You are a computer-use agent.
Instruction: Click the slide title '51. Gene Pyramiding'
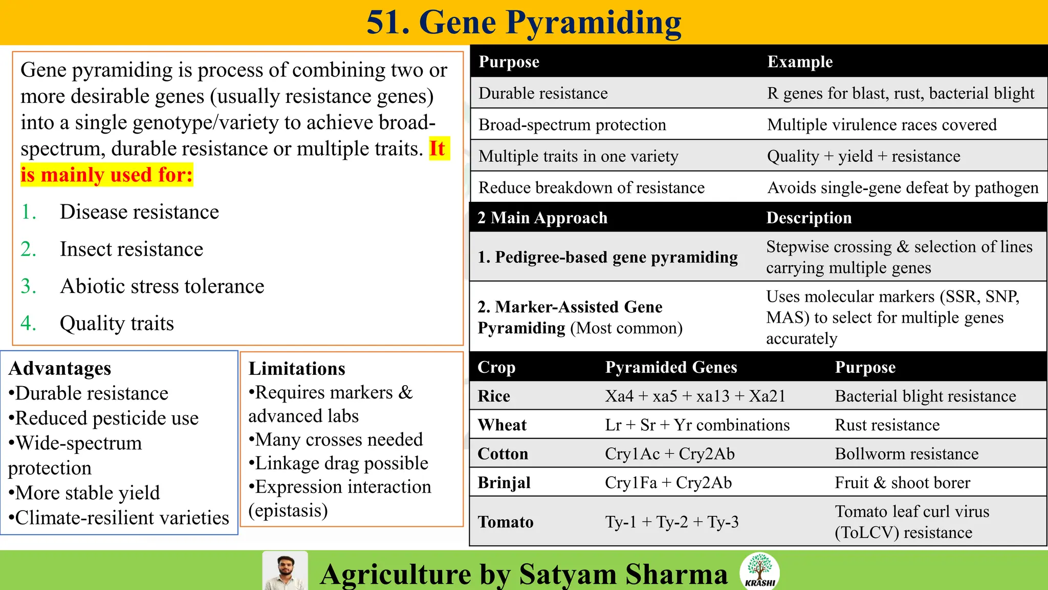(x=523, y=23)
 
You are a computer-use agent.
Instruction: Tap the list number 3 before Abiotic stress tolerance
(x=28, y=286)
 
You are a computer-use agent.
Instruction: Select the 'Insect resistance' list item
(x=132, y=249)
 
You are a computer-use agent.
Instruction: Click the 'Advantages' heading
(x=60, y=368)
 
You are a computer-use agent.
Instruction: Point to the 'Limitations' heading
(x=297, y=369)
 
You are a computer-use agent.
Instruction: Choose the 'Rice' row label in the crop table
(x=494, y=396)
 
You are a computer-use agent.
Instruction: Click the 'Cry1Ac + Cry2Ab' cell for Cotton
(x=669, y=454)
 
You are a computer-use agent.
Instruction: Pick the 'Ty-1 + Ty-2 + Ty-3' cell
(x=671, y=522)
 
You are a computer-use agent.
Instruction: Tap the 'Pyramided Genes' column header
(x=671, y=367)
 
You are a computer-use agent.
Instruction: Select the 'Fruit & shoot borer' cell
(x=902, y=482)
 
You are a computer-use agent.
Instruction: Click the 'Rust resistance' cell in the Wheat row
(x=887, y=425)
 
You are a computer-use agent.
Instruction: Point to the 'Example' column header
(x=800, y=62)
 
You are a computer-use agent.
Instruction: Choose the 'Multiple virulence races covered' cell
(x=882, y=124)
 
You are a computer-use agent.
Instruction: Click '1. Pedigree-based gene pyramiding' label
(x=607, y=257)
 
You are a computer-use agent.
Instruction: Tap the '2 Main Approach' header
(x=542, y=218)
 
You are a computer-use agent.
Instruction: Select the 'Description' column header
(x=809, y=218)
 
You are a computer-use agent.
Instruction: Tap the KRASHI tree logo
(x=760, y=571)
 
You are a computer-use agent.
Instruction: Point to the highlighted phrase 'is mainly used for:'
(x=106, y=175)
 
